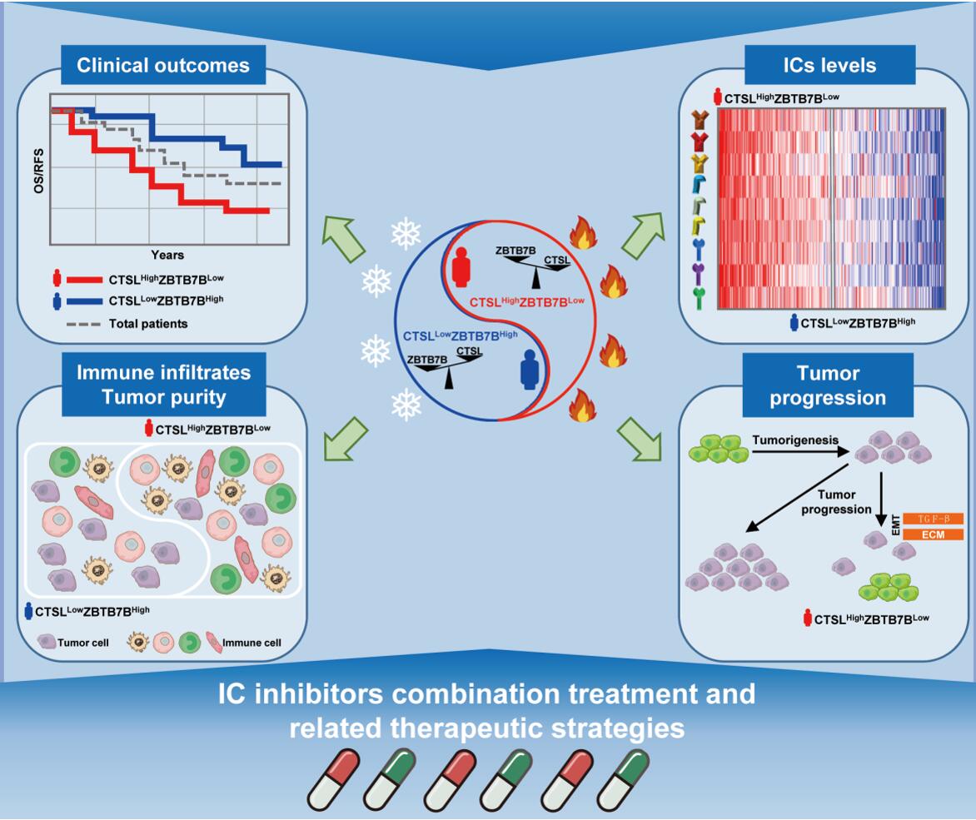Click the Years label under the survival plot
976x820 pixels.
167,254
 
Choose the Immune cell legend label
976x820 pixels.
255,643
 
